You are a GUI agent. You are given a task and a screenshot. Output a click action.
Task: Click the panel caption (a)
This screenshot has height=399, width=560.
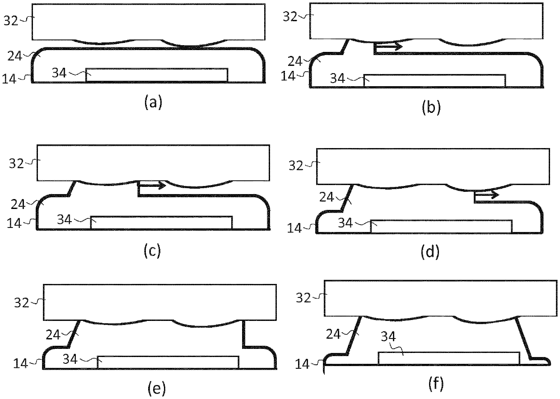153,103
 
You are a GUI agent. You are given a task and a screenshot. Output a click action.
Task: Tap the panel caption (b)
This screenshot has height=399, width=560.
430,107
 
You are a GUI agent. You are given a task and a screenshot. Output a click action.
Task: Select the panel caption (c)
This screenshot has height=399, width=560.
152,251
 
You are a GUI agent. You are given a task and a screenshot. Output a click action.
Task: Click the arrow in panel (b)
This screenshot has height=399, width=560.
388,46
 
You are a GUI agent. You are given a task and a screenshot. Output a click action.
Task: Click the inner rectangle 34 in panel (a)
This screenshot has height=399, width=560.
156,75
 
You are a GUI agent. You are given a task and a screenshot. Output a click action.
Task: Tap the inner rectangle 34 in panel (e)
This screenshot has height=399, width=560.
168,362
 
